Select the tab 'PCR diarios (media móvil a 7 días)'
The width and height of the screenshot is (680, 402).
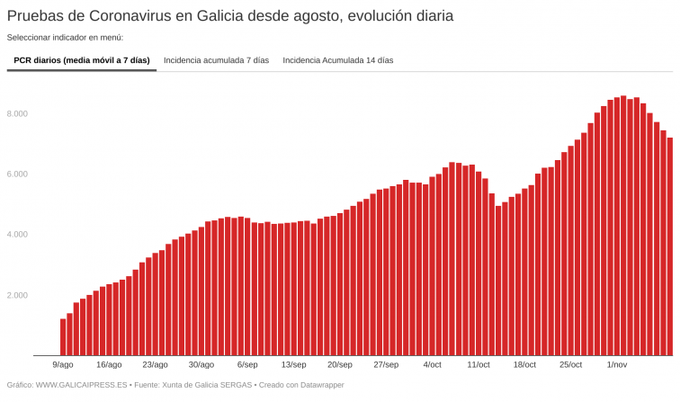click(82, 60)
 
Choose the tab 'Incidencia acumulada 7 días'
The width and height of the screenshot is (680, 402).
click(216, 60)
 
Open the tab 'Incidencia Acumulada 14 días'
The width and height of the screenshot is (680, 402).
click(338, 60)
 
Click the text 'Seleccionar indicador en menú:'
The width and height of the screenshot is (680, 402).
click(65, 38)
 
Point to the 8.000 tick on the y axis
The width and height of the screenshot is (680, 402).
click(18, 114)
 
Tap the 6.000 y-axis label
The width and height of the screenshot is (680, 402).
click(18, 174)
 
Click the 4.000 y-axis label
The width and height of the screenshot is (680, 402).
click(18, 235)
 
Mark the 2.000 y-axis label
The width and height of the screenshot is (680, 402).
click(18, 295)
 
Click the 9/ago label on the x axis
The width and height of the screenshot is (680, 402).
click(63, 365)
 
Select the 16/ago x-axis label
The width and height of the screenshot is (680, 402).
click(109, 365)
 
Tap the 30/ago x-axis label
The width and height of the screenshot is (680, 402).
click(201, 365)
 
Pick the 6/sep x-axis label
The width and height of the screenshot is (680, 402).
click(247, 365)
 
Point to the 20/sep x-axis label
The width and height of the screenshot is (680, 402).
click(339, 365)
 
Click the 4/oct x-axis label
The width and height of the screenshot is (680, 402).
click(432, 365)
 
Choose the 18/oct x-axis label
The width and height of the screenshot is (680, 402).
click(524, 365)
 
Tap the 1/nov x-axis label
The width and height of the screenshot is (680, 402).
click(617, 365)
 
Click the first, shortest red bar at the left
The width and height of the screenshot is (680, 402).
click(63, 337)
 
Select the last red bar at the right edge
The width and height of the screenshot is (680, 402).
click(669, 247)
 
